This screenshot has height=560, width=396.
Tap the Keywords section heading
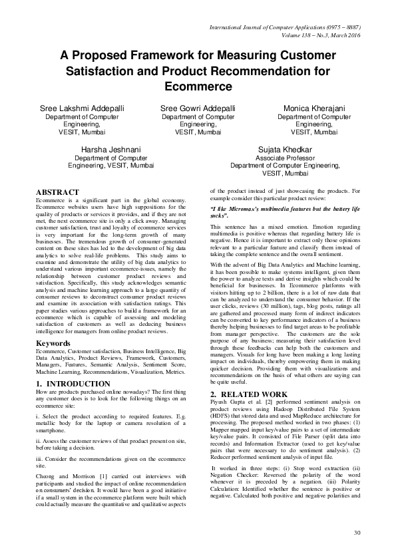(53, 343)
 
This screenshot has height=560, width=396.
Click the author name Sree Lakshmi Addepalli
(81, 108)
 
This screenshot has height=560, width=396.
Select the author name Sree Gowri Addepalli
(198, 108)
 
